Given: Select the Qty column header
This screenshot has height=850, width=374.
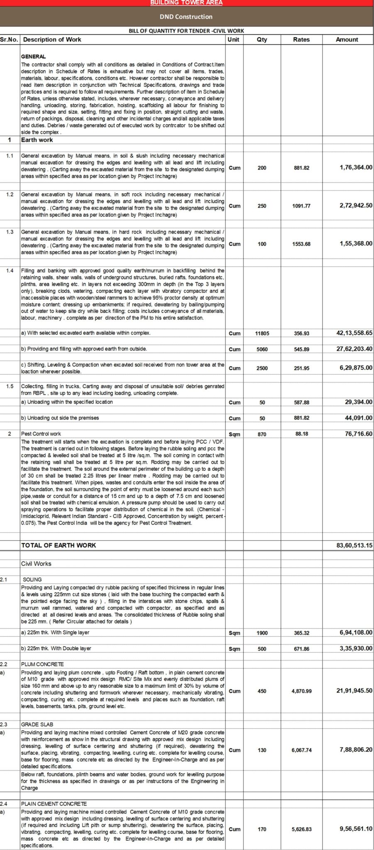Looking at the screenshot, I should pos(262,39).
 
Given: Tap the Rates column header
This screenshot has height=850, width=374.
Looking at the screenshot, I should pos(301,39).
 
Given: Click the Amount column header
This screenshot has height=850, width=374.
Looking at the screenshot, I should pos(347,39).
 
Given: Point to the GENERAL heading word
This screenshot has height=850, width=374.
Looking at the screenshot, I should pos(34,56).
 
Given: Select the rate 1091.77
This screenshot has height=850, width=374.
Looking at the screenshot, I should pos(301,206).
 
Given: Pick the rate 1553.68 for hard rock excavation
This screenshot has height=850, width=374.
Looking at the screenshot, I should pos(301,244).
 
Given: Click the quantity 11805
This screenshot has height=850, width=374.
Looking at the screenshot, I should pos(262,333).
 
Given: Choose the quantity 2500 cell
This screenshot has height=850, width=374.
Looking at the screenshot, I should pos(262,368).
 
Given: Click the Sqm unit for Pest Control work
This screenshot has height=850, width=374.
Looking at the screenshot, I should pos(235,435).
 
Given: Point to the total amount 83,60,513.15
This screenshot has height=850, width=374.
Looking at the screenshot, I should pos(354,545).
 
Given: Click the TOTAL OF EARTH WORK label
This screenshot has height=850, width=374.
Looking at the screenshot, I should pos(59,545).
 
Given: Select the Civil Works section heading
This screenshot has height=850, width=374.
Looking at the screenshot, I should pos(36,564).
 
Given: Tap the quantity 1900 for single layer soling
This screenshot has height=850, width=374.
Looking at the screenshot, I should pos(262,633).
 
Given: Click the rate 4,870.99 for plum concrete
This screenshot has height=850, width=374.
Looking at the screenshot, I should pos(301,691).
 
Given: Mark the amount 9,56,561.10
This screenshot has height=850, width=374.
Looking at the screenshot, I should pos(356,829).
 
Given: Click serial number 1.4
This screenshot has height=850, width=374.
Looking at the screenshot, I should pos(10,271).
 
